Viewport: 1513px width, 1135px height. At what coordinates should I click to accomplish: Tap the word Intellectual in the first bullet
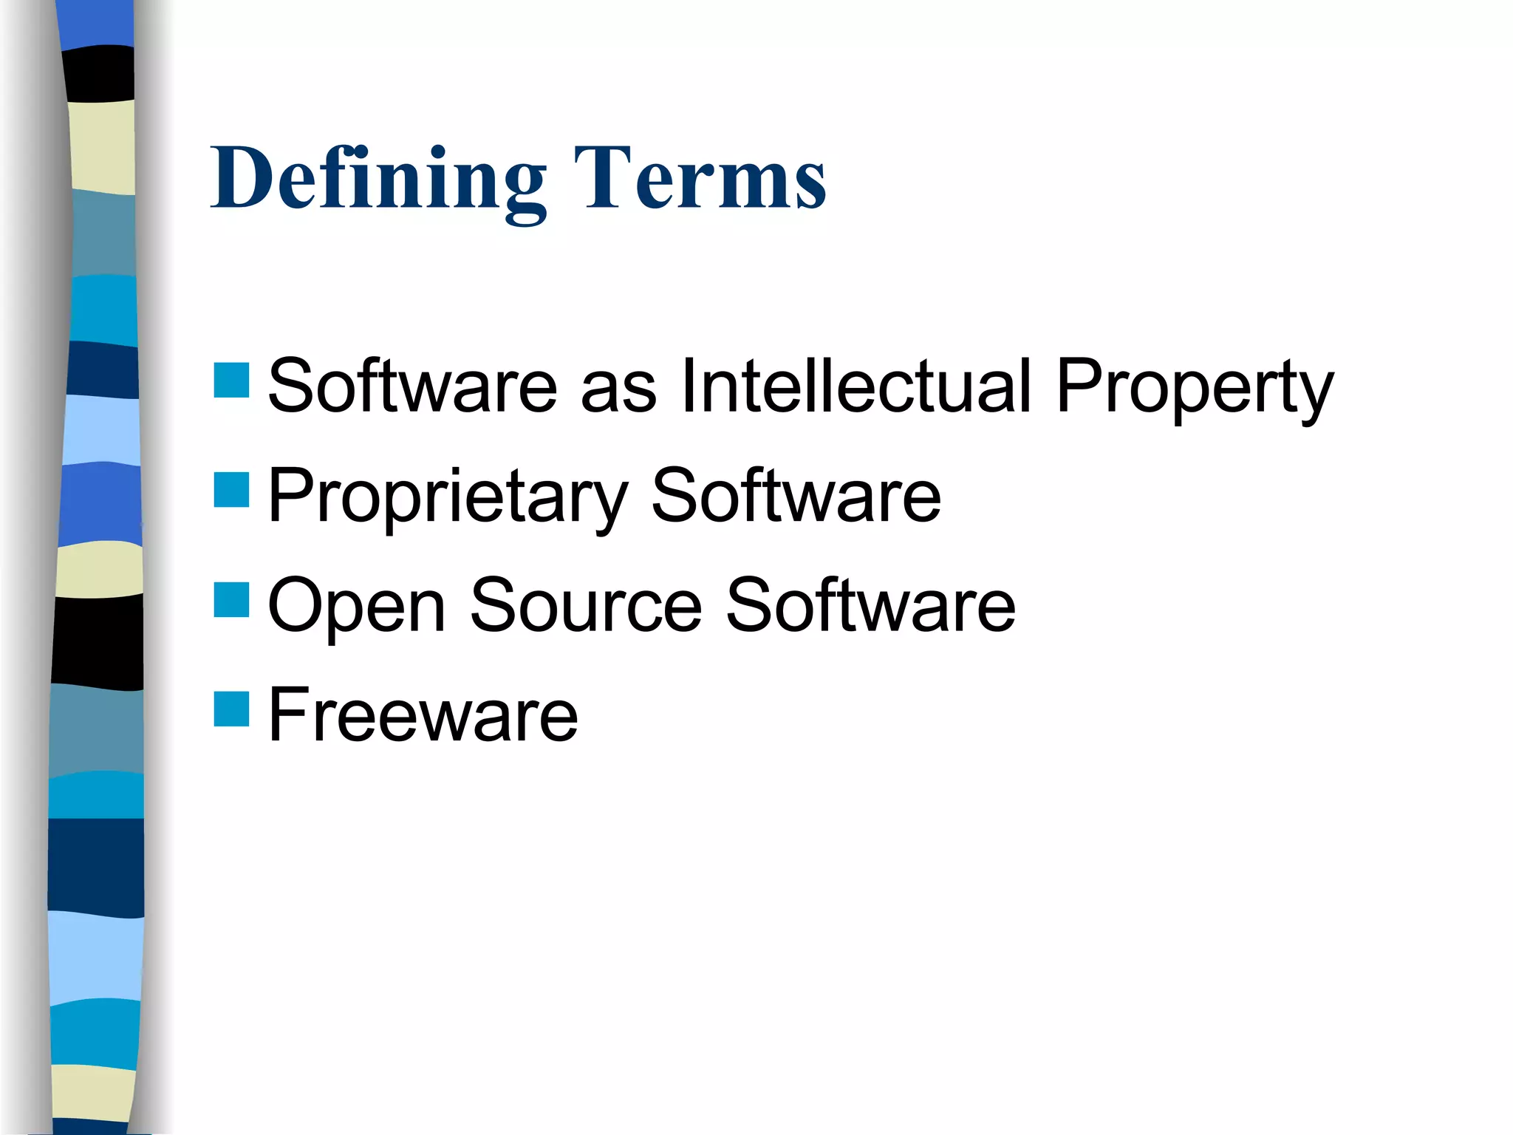[x=855, y=386]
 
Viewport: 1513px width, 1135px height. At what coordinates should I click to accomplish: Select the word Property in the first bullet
[x=1195, y=388]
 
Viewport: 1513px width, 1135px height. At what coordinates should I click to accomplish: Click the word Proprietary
[x=448, y=497]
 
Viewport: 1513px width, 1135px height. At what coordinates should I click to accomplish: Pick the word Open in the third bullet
[x=356, y=606]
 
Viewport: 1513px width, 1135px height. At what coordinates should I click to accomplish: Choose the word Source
[x=586, y=606]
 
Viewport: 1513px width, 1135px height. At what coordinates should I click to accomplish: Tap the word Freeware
[x=423, y=715]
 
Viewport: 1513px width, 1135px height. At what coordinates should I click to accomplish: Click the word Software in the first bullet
[x=412, y=386]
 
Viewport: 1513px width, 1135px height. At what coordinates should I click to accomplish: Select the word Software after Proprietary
[x=796, y=496]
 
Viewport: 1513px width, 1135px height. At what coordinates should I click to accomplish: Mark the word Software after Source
[x=870, y=606]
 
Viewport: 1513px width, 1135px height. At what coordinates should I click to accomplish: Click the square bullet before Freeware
[x=231, y=709]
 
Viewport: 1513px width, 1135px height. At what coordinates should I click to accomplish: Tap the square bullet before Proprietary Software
[x=231, y=490]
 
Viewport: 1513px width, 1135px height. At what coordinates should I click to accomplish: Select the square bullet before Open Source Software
[x=231, y=599]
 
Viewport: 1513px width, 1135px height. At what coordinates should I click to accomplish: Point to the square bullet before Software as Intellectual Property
[x=231, y=381]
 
